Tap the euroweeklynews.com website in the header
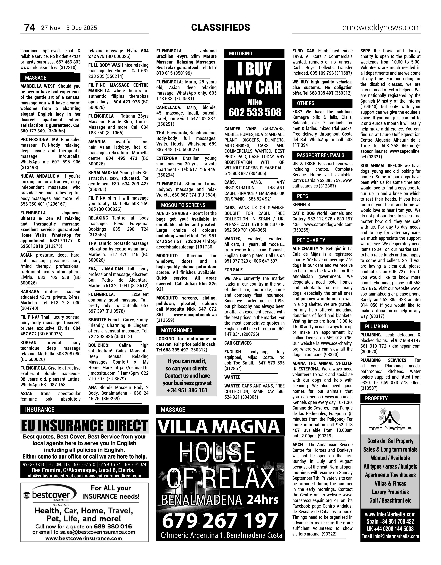coord(381,27)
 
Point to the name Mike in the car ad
coord(254,102)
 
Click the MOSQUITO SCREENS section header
coord(183,205)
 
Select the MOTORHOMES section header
coord(177,330)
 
